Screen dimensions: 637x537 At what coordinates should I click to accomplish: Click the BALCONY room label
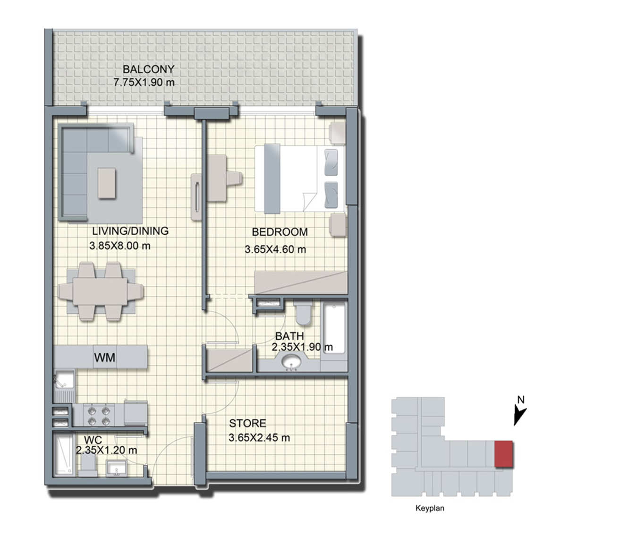[149, 69]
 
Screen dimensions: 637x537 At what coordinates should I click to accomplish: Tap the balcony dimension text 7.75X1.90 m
[144, 82]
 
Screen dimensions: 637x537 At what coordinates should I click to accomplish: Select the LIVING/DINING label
[130, 231]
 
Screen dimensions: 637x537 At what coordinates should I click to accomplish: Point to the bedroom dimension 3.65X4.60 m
[275, 249]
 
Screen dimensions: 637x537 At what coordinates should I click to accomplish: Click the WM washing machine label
[105, 358]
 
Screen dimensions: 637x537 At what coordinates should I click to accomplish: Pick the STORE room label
[247, 423]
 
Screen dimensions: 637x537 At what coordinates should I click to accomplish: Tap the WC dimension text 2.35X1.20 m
[106, 450]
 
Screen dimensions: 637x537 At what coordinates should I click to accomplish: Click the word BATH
[289, 336]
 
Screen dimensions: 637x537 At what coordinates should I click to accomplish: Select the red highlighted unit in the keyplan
[503, 454]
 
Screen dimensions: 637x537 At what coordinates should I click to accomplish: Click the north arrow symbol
[519, 416]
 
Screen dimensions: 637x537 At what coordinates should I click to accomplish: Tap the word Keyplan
[430, 508]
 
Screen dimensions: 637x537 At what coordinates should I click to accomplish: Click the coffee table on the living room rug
[107, 183]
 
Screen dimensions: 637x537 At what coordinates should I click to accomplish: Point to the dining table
[101, 291]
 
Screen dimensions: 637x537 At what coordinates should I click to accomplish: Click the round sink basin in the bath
[291, 362]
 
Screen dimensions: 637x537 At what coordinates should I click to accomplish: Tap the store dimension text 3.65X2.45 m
[259, 438]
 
